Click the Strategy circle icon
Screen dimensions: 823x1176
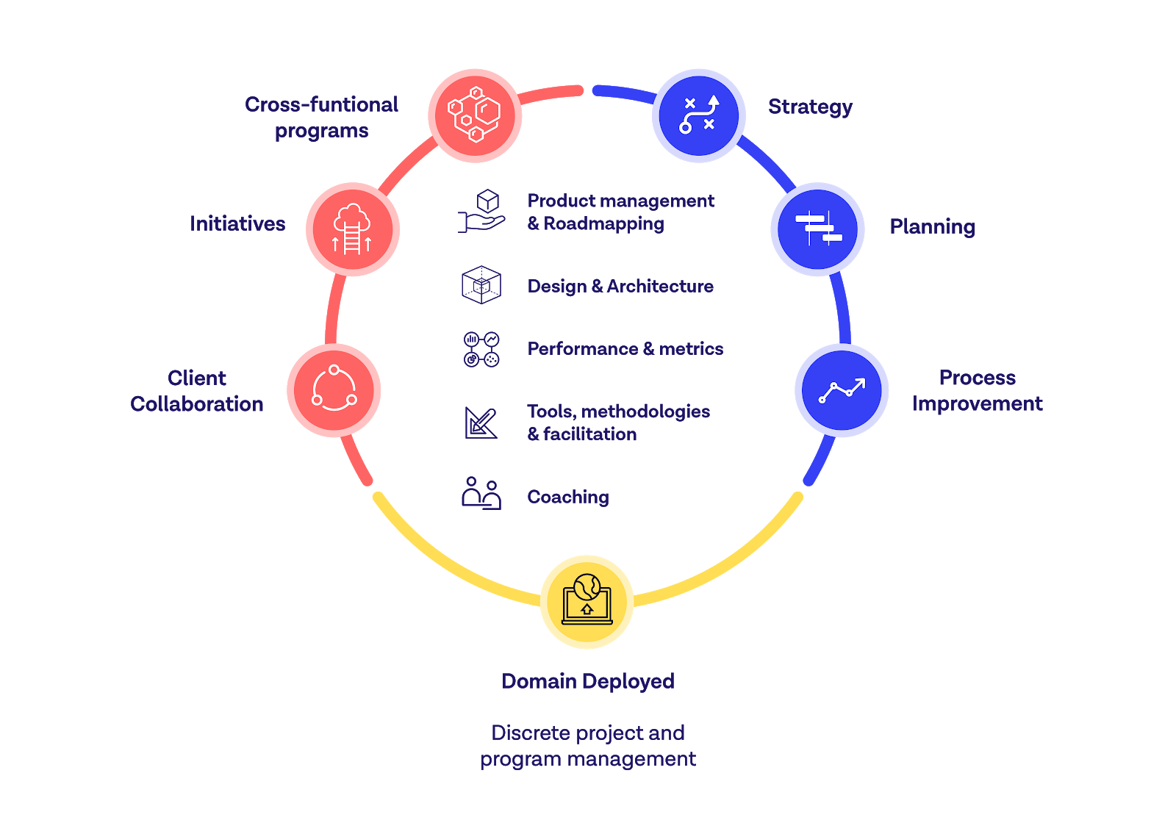(x=699, y=115)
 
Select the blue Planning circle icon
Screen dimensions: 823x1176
(x=817, y=229)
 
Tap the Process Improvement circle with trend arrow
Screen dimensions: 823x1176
(x=842, y=390)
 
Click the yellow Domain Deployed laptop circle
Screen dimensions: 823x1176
(x=587, y=602)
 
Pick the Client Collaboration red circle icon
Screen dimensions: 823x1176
(x=334, y=389)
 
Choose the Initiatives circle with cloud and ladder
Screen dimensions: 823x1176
(x=352, y=229)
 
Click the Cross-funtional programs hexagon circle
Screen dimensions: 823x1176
(x=475, y=115)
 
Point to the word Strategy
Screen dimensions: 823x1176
(x=810, y=107)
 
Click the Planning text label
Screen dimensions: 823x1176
(x=932, y=227)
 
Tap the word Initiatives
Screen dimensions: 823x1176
(x=237, y=223)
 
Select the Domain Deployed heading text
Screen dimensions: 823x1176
(x=587, y=681)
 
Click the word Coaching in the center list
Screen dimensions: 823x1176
(x=568, y=497)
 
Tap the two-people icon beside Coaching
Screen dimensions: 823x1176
(x=481, y=493)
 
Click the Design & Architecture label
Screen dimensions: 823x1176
(x=620, y=287)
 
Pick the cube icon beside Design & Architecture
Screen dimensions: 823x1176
(x=481, y=285)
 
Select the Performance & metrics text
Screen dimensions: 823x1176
(x=625, y=349)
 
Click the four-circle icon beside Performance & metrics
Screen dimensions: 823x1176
(x=481, y=349)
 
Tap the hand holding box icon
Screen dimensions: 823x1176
(x=481, y=212)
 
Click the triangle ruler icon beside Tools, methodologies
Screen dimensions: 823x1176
(x=481, y=423)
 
